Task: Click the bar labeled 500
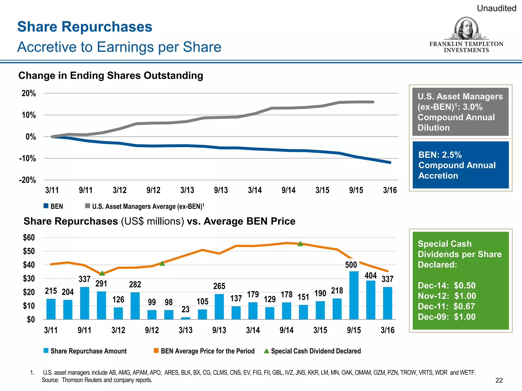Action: [x=354, y=295]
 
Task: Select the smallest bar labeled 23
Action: [x=186, y=318]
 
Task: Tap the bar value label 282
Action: [x=135, y=284]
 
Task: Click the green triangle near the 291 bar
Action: [x=102, y=273]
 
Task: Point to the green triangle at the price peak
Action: [x=300, y=244]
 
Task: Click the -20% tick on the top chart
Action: [x=28, y=180]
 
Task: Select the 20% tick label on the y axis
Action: [x=29, y=93]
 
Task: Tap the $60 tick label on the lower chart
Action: [x=29, y=238]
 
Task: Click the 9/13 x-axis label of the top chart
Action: [x=221, y=190]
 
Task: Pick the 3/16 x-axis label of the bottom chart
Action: [x=387, y=330]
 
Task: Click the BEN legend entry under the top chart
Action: [x=53, y=206]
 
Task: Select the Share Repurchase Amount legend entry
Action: [x=85, y=351]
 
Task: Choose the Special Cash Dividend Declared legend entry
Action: [x=312, y=351]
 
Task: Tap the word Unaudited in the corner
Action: [x=497, y=8]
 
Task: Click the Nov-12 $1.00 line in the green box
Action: [x=447, y=296]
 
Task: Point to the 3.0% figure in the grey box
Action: [x=473, y=107]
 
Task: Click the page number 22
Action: [x=499, y=380]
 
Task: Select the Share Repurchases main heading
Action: [x=85, y=27]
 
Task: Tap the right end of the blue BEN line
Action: [x=390, y=162]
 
